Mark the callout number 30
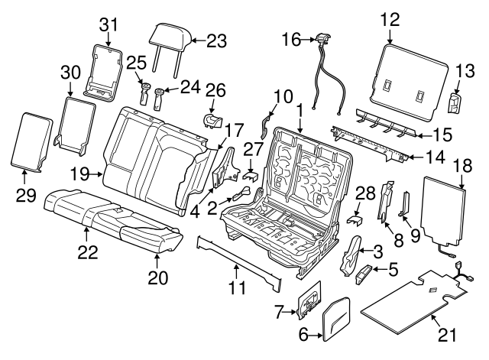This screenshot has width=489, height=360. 70,72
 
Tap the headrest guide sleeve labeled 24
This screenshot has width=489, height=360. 159,99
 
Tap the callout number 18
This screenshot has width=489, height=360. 463,167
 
